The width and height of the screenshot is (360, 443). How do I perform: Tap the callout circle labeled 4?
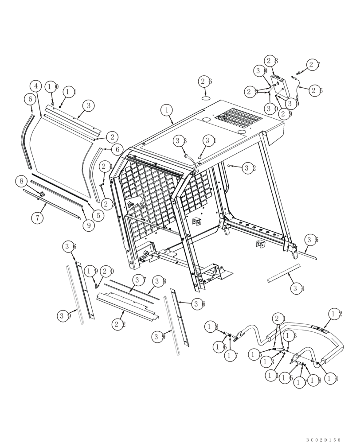coord(36,86)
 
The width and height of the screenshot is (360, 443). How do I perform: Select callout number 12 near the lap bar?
coord(335,314)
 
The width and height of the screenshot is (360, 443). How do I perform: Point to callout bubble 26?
coord(205,82)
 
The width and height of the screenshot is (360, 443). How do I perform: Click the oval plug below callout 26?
coord(206,97)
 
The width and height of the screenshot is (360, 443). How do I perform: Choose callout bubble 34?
coord(298,289)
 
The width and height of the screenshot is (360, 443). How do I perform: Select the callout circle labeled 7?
coord(37,218)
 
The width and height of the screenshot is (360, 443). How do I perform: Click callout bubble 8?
coord(21,181)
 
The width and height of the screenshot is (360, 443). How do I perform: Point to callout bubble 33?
coord(179,141)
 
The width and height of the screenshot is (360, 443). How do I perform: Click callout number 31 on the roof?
coord(209,140)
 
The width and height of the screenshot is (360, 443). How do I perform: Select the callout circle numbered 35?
coord(312,240)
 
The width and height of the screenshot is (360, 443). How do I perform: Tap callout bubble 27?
coord(314,65)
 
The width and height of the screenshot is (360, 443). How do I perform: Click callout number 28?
coord(272,61)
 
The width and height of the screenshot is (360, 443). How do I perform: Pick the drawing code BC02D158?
coord(323,439)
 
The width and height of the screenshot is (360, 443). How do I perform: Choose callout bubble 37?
coord(140,280)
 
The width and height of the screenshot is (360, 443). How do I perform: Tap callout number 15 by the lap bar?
coord(255,354)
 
